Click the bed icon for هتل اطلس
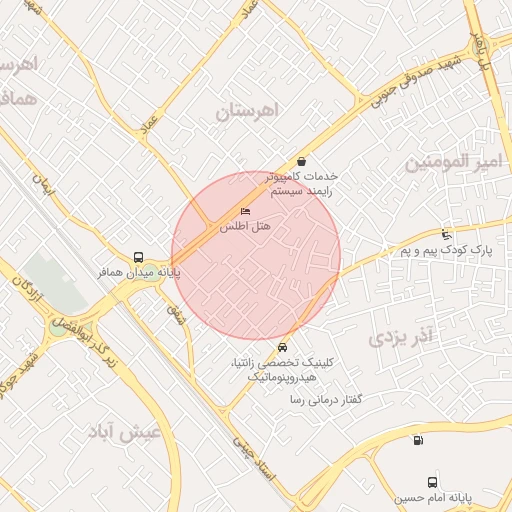pos(246,212)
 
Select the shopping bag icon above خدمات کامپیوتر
pos(301,161)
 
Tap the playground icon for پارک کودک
pos(446,233)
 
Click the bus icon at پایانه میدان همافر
pos(137,256)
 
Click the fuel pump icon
pos(417,439)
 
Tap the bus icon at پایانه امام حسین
pos(432,482)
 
